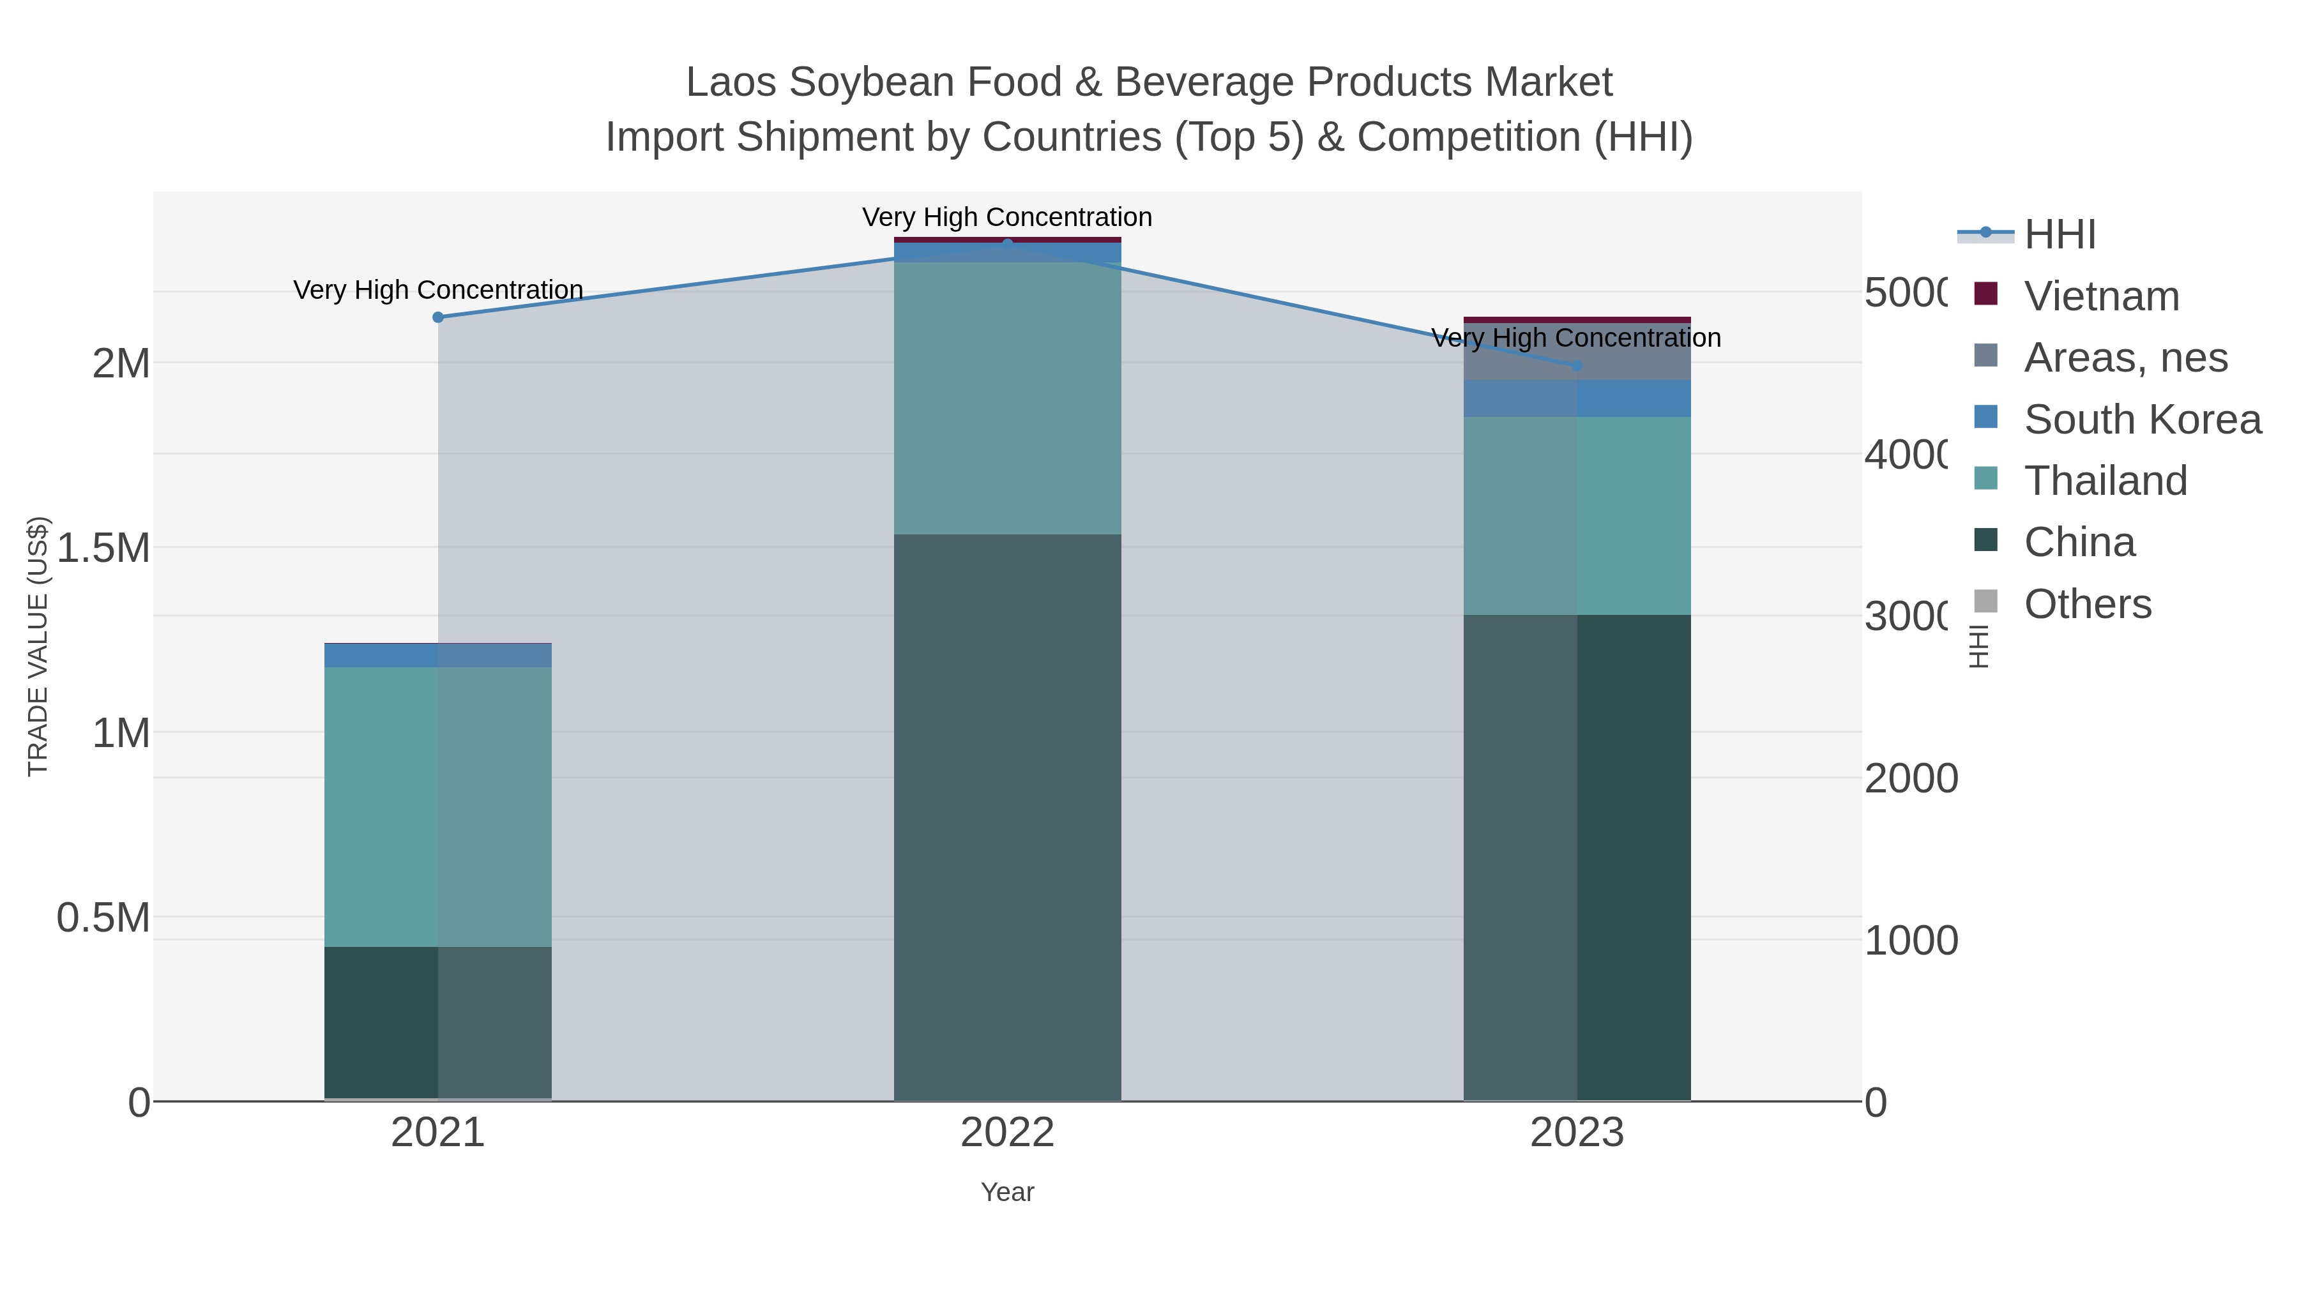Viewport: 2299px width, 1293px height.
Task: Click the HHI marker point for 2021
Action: point(437,317)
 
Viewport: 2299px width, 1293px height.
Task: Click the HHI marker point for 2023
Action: point(1576,365)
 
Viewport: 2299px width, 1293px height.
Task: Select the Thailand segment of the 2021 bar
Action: point(437,806)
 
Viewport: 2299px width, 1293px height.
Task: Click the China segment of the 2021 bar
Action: point(437,1022)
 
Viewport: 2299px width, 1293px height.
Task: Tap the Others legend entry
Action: point(2086,604)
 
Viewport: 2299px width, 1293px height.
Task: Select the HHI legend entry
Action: point(2059,235)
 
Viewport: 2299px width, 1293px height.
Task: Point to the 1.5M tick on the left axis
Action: point(103,548)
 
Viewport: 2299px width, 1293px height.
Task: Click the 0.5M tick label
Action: point(103,918)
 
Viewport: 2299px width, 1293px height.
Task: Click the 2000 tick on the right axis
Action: point(1911,778)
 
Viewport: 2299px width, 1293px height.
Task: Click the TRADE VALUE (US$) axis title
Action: point(38,646)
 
